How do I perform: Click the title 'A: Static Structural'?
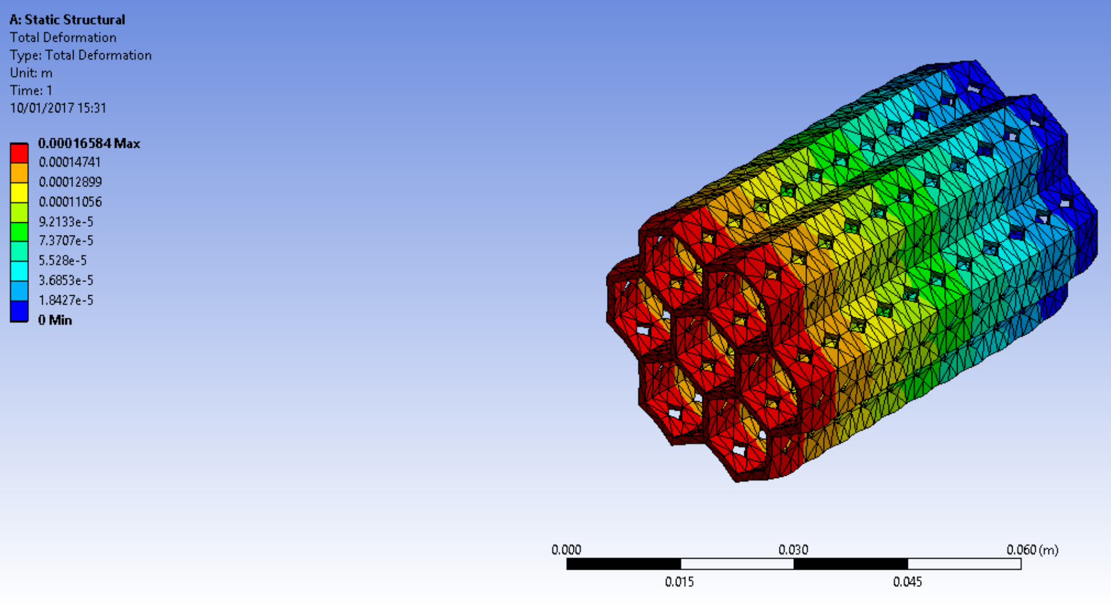pos(67,20)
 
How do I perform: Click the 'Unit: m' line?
pos(31,73)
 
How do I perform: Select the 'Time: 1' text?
pos(31,90)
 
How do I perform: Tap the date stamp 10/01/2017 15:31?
pos(58,108)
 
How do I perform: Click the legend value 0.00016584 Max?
pos(89,143)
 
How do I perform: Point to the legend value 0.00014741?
pos(69,162)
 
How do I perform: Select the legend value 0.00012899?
pos(70,182)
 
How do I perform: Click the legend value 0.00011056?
pos(70,201)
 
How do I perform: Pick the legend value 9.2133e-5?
pos(65,222)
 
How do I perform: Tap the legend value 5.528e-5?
pos(62,260)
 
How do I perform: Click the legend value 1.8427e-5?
pos(65,300)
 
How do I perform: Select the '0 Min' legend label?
pos(55,320)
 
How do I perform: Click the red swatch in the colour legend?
pos(19,153)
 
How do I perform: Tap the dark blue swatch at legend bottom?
pos(19,311)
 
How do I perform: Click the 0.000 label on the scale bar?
pos(566,549)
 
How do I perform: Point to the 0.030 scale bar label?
pos(793,549)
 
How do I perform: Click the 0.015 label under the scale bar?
pos(679,582)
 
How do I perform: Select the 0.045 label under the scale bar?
pos(907,582)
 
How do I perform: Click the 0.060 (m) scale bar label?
pos(1032,549)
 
